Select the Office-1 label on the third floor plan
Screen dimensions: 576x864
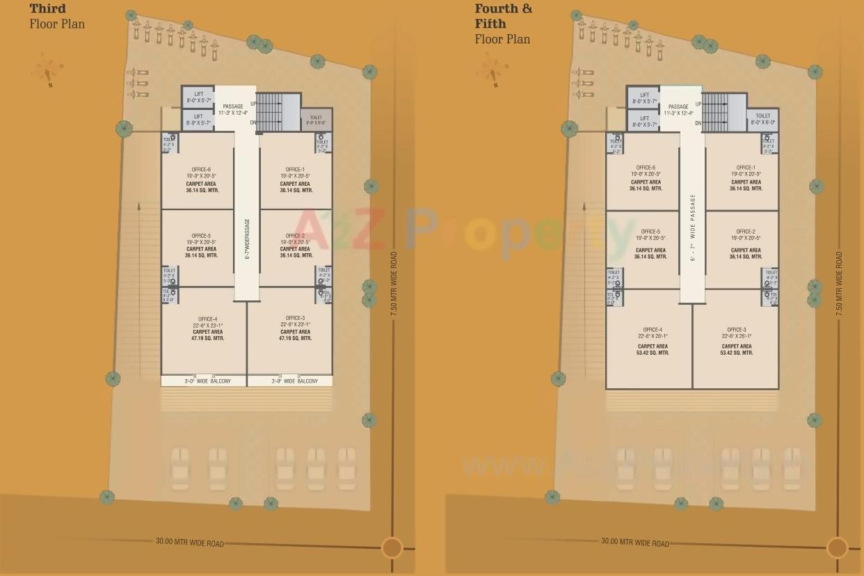[x=295, y=169]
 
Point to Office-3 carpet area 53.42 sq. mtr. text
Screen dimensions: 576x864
[x=736, y=350]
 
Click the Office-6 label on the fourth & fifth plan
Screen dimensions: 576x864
[x=645, y=168]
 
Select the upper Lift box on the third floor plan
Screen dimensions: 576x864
[x=198, y=97]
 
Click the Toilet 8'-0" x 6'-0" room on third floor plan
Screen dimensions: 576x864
[x=317, y=120]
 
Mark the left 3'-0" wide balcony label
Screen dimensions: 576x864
[x=204, y=381]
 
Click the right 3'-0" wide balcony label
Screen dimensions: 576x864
[x=290, y=381]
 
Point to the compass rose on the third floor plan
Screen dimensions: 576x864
[x=47, y=70]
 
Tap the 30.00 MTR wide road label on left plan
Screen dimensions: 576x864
[x=189, y=542]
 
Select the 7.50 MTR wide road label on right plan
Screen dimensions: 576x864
[x=838, y=284]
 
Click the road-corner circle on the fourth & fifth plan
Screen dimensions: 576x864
[x=837, y=547]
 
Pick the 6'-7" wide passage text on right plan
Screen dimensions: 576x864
[x=693, y=227]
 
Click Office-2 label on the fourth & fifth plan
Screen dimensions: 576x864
[x=745, y=232]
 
